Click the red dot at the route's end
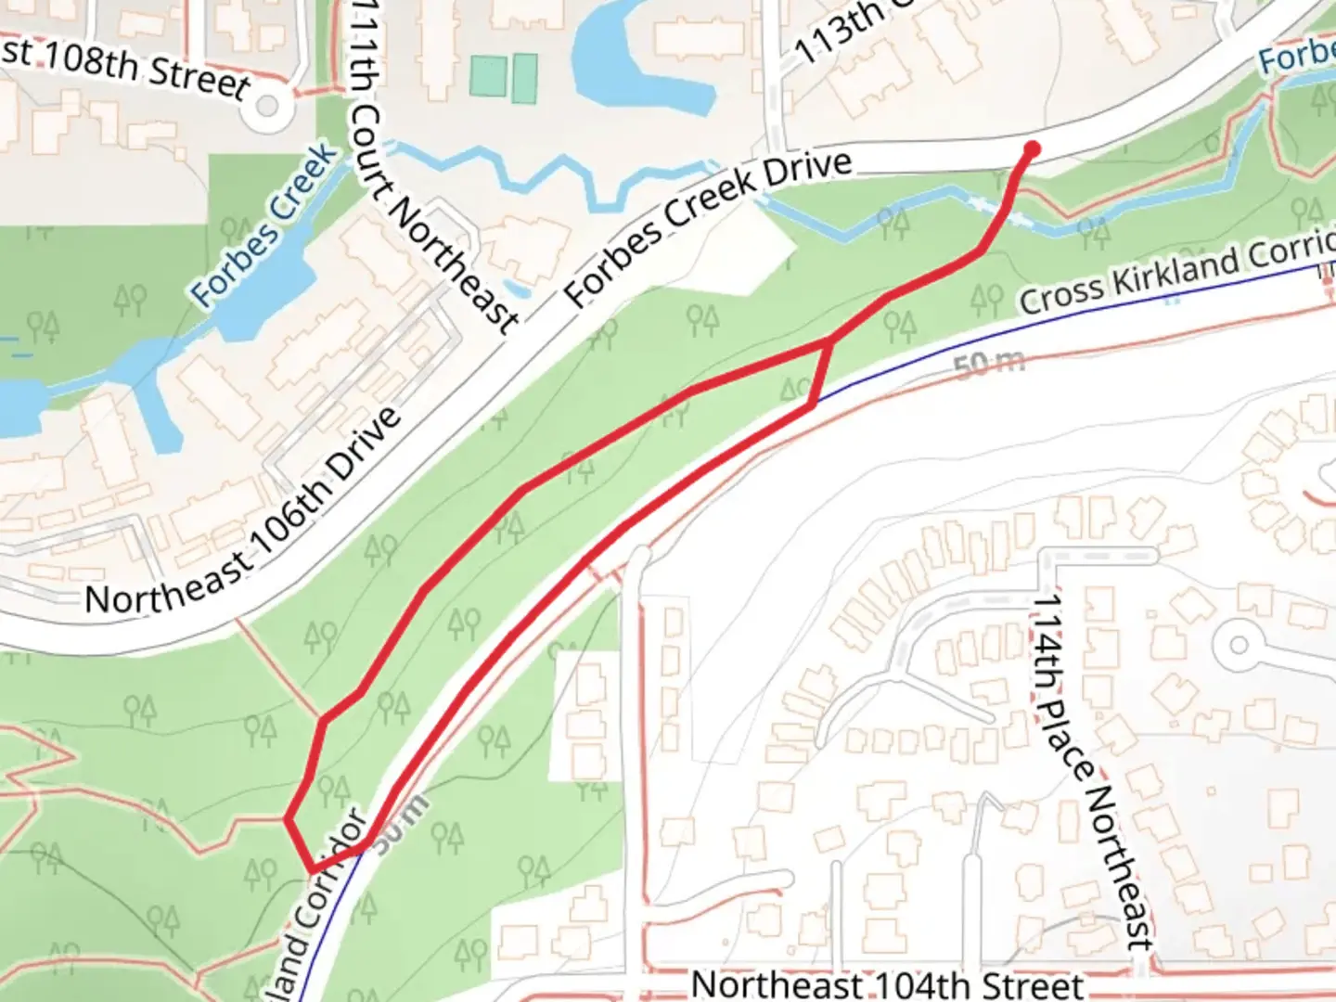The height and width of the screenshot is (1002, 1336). click(x=1031, y=148)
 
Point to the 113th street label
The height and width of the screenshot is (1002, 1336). click(x=841, y=32)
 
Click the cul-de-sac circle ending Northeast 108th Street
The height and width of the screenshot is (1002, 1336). click(x=266, y=108)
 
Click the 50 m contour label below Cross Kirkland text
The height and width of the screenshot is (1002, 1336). click(x=989, y=364)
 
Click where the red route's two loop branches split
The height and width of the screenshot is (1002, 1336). click(x=827, y=344)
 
